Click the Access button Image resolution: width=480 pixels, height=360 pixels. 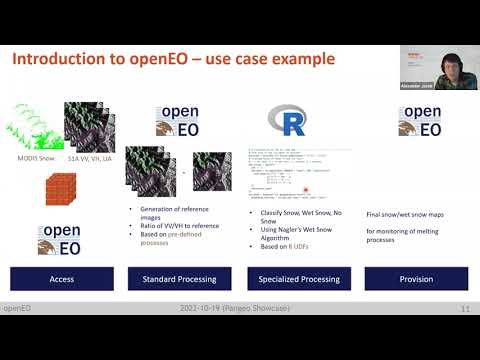coord(60,279)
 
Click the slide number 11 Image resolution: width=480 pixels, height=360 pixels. coord(464,309)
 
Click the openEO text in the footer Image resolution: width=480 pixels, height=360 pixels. coord(19,309)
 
